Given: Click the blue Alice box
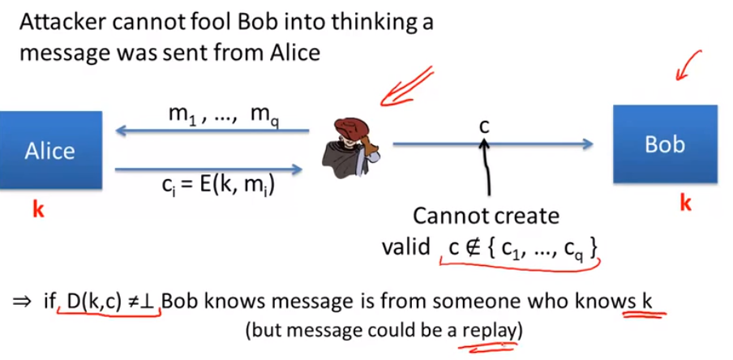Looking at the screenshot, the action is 50,149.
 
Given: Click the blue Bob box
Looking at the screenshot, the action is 664,144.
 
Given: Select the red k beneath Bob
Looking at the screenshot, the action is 685,203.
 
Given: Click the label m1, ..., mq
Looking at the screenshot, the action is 219,115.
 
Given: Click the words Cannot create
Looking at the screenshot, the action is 486,216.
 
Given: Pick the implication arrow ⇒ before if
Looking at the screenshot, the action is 21,302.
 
